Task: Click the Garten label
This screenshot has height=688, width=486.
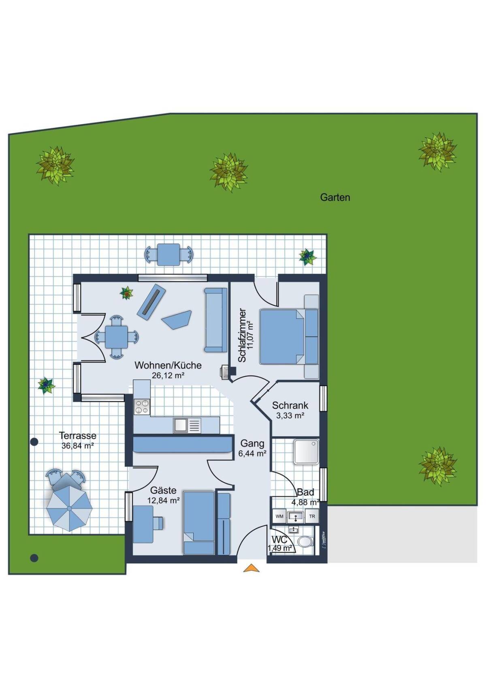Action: point(335,197)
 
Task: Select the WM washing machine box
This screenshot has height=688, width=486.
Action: point(279,516)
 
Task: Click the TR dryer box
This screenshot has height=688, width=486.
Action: point(312,516)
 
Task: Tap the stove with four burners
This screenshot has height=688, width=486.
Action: point(142,406)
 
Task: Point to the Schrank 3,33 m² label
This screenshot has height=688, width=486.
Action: point(290,410)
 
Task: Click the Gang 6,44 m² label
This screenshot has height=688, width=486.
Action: point(252,448)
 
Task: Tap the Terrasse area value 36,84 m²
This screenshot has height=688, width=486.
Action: point(77,446)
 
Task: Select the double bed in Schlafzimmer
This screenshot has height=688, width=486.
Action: point(282,337)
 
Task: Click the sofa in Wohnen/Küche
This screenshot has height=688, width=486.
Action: point(215,320)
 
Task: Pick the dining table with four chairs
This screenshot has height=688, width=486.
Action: point(116,337)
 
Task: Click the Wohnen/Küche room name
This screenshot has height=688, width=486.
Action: point(168,365)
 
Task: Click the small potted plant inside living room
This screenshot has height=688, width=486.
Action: point(127,293)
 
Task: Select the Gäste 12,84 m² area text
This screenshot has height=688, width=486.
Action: point(164,495)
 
